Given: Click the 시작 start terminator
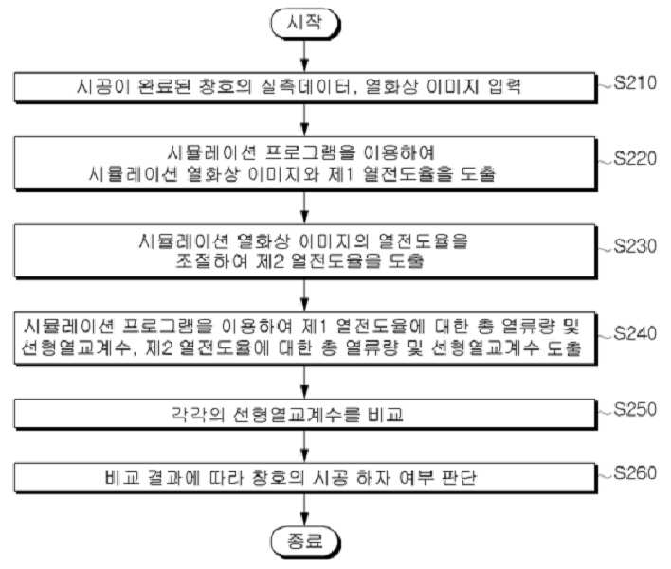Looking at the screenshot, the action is pyautogui.click(x=304, y=23).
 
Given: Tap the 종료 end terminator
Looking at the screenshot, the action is pyautogui.click(x=304, y=542).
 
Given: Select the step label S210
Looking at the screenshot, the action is pyautogui.click(x=635, y=82).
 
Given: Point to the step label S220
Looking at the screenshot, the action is pyautogui.click(x=635, y=158).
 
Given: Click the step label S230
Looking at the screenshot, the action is pyautogui.click(x=635, y=246).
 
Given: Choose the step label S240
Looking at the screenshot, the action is pyautogui.click(x=635, y=333).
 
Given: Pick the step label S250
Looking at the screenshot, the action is pyautogui.click(x=635, y=409).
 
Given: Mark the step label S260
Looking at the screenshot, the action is pyautogui.click(x=635, y=472).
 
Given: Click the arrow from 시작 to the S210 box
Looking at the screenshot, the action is pyautogui.click(x=304, y=56).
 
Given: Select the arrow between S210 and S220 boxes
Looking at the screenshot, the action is pyautogui.click(x=304, y=119).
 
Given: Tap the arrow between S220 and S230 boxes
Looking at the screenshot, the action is pyautogui.click(x=304, y=207).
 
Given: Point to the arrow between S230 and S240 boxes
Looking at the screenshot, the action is pyautogui.click(x=304, y=295).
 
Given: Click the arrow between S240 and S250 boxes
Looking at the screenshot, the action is pyautogui.click(x=304, y=382).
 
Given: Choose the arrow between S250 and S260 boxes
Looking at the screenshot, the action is pyautogui.click(x=304, y=446).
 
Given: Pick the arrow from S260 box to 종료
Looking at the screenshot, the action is pyautogui.click(x=304, y=510).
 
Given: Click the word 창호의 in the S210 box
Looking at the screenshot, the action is pyautogui.click(x=226, y=87).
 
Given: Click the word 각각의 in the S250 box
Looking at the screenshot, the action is pyautogui.click(x=198, y=414).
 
